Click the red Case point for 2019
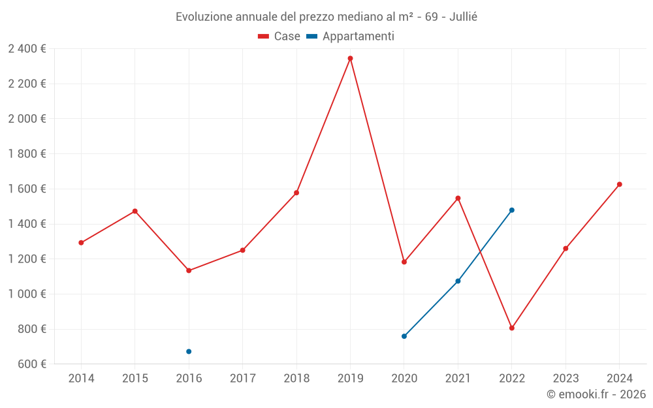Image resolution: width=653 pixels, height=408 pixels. click(350, 58)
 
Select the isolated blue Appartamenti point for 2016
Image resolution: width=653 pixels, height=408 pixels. click(189, 351)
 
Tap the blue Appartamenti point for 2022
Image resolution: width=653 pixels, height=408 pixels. click(512, 210)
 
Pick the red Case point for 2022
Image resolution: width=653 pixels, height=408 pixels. click(512, 328)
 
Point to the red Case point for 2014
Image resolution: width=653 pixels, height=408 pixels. click(81, 243)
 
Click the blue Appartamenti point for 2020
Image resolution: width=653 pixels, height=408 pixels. click(404, 336)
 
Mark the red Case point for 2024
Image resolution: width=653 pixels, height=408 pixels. click(620, 184)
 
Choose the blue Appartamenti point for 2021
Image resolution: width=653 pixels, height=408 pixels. click(458, 281)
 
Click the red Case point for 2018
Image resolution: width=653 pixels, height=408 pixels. click(296, 193)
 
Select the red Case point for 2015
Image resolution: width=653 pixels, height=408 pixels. click(135, 211)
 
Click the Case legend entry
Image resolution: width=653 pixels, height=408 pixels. click(279, 37)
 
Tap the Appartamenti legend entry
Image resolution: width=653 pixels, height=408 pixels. click(351, 37)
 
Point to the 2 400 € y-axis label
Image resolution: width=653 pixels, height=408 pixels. click(27, 48)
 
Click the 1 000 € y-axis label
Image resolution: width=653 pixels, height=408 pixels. click(27, 294)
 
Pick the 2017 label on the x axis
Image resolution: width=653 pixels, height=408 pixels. click(242, 379)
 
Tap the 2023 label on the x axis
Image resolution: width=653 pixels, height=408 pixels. click(565, 379)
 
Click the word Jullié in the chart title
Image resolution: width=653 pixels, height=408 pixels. click(463, 16)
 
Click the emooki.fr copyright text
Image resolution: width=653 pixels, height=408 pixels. click(596, 394)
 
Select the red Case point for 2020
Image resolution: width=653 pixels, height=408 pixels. click(404, 262)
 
